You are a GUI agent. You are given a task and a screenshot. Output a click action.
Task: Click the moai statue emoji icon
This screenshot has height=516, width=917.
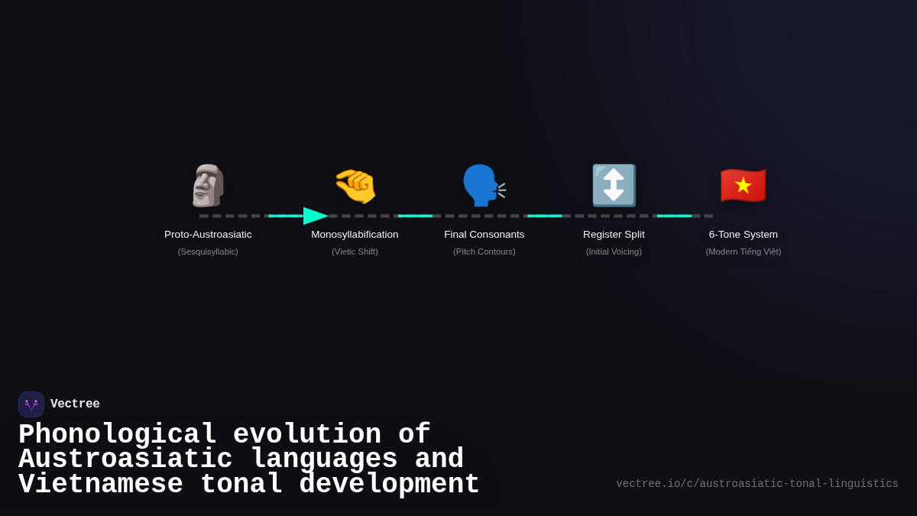click(x=208, y=186)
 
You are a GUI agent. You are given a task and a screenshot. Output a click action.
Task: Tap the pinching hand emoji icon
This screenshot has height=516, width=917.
click(x=355, y=186)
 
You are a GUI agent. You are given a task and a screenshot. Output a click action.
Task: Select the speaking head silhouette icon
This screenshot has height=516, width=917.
click(x=484, y=186)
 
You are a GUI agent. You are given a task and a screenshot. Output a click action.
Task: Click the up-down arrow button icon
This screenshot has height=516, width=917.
click(x=614, y=186)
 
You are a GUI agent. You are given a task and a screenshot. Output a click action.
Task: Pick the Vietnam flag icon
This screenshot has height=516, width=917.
click(x=743, y=186)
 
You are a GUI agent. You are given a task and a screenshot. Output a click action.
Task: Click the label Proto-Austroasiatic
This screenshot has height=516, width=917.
click(x=208, y=235)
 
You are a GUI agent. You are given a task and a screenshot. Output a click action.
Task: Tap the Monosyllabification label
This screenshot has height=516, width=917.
click(x=355, y=235)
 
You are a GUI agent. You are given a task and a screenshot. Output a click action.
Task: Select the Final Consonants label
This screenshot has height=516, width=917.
click(x=484, y=235)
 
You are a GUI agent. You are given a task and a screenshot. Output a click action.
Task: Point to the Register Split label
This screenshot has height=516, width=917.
click(x=614, y=235)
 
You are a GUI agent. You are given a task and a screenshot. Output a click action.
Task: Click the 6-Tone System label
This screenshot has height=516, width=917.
click(x=743, y=235)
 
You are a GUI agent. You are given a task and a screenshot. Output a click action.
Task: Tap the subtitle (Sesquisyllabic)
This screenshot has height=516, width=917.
click(x=208, y=252)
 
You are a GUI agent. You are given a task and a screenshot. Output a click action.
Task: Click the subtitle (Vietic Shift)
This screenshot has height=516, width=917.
click(x=355, y=252)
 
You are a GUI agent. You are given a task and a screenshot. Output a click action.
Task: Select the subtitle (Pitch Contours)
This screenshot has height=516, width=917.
click(x=484, y=252)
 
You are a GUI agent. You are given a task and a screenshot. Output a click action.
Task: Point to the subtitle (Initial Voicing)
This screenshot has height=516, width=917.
click(x=614, y=252)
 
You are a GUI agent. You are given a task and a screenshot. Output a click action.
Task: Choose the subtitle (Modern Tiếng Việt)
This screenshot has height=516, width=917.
click(x=743, y=252)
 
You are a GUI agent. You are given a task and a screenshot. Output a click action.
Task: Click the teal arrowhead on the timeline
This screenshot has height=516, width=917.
click(x=315, y=216)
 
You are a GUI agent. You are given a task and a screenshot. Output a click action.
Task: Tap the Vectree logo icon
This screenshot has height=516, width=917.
click(x=31, y=404)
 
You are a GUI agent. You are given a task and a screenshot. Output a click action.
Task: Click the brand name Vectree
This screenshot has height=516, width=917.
click(x=75, y=404)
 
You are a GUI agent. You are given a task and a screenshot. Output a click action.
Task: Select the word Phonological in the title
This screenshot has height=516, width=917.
click(x=117, y=435)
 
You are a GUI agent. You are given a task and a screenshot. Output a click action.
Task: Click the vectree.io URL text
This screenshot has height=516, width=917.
click(x=757, y=484)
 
